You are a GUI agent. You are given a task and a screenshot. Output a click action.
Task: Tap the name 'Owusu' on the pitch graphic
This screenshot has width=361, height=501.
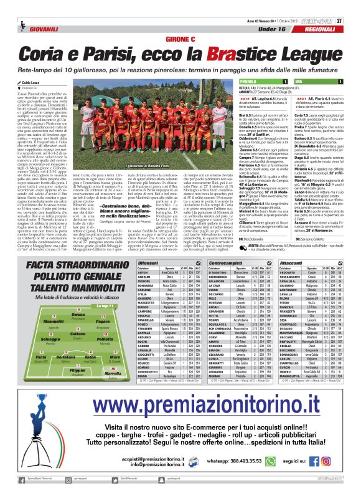(78, 333)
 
